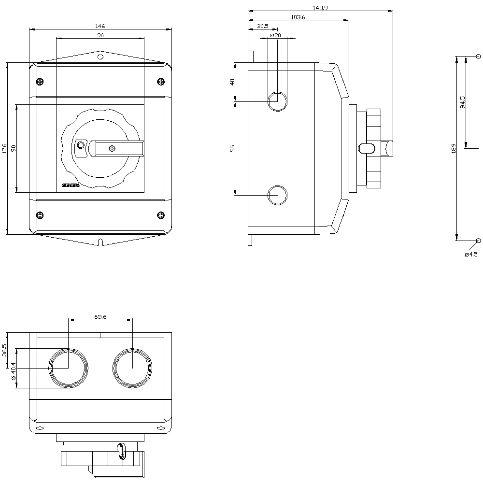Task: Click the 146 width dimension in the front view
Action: [x=100, y=26]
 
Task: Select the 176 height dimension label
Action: [x=5, y=148]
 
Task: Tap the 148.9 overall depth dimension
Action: [x=320, y=8]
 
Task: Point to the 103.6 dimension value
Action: [x=298, y=17]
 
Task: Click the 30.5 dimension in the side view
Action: [x=263, y=26]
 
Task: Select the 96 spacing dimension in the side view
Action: [x=232, y=148]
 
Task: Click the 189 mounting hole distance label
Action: [x=453, y=148]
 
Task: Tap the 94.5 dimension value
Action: [x=463, y=102]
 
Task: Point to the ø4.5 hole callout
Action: [x=471, y=254]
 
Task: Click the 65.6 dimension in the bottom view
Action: [x=100, y=317]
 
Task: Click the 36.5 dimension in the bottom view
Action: [x=5, y=350]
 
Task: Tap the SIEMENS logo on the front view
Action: [x=71, y=185]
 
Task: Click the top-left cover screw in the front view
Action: [x=40, y=81]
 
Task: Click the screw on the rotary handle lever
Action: [x=113, y=148]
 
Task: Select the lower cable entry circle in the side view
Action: [x=277, y=195]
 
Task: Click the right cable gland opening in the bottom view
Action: [x=132, y=368]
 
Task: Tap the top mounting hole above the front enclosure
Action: [x=100, y=57]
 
